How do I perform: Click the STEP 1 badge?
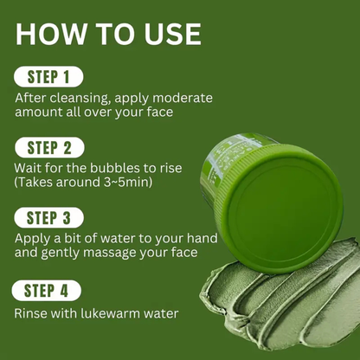pyautogui.click(x=48, y=75)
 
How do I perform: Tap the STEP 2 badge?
pyautogui.click(x=48, y=146)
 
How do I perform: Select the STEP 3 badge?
pyautogui.click(x=48, y=217)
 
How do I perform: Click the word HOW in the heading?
pyautogui.click(x=52, y=34)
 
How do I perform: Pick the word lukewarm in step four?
pyautogui.click(x=93, y=312)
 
